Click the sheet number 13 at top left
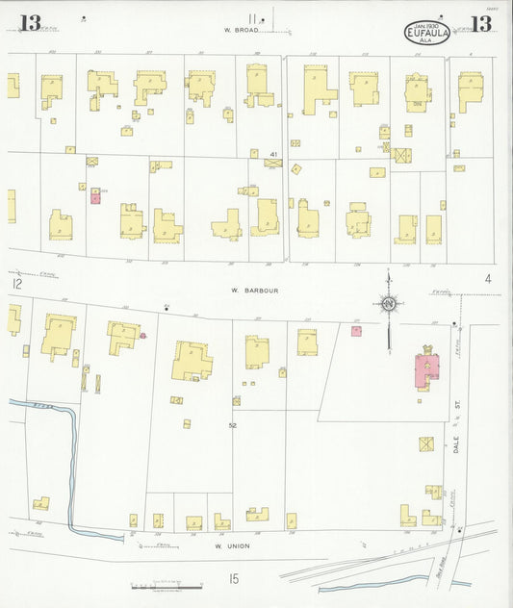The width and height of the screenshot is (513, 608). [31, 23]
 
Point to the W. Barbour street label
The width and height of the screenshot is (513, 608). [248, 288]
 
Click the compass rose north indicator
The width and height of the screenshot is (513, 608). [389, 304]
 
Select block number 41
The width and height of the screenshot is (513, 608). [273, 154]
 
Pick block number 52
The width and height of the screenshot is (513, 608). [232, 424]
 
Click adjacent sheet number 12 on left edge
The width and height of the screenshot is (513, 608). [15, 284]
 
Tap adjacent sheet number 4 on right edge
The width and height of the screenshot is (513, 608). [489, 279]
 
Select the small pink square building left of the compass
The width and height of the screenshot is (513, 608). [356, 331]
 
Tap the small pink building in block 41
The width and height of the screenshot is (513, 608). [95, 197]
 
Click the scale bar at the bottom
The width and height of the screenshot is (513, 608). [166, 585]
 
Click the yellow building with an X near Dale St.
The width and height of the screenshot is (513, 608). [425, 443]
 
